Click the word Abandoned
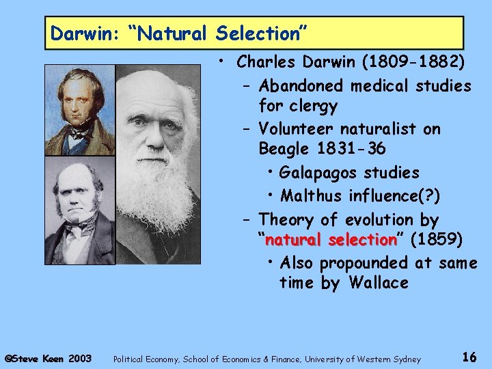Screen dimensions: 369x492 pyautogui.click(x=301, y=86)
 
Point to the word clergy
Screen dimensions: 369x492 pyautogui.click(x=314, y=107)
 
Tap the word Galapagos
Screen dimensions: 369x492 pyautogui.click(x=318, y=173)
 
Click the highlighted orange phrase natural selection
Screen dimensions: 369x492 pyautogui.click(x=331, y=241)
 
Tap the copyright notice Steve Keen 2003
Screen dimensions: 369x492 pyautogui.click(x=48, y=357)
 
